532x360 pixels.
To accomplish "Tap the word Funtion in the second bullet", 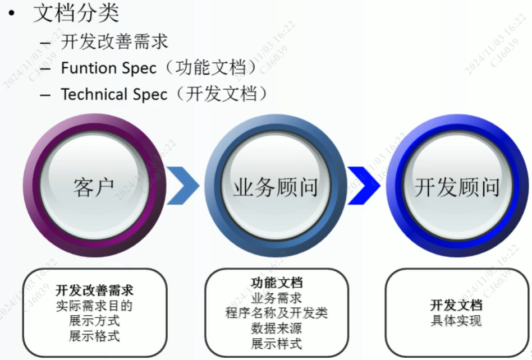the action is [88, 68].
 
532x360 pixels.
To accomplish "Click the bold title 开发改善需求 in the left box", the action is [94, 291].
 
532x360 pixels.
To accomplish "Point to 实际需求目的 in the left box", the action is [94, 306].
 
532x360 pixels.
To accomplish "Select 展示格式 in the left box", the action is [94, 336].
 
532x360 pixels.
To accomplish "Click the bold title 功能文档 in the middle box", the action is [277, 283].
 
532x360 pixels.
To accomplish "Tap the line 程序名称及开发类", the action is [277, 313].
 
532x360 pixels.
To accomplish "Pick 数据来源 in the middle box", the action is [277, 328].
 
